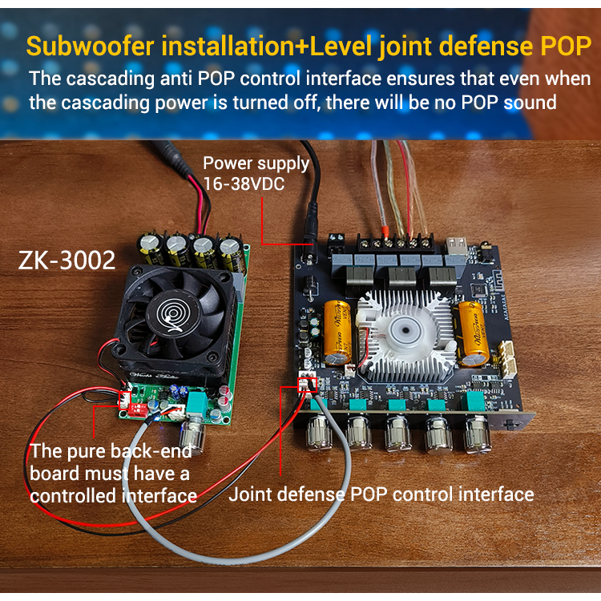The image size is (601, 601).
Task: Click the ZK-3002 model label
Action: click(x=67, y=260)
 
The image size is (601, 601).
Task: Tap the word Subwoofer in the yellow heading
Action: click(x=90, y=46)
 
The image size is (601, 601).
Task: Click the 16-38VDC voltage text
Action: click(x=244, y=184)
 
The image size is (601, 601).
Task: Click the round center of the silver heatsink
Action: click(x=405, y=329)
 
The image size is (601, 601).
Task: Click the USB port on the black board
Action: click(x=457, y=246)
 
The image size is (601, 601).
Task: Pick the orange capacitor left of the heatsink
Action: click(x=337, y=333)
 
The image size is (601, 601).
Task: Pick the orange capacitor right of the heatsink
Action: click(x=473, y=334)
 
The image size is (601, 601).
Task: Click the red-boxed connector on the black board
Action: click(x=308, y=384)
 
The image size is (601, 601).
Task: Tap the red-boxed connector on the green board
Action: click(x=124, y=400)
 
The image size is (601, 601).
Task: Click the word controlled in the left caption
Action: click(x=73, y=495)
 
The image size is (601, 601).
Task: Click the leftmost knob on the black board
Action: click(x=319, y=432)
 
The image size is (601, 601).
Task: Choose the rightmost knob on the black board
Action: click(x=477, y=435)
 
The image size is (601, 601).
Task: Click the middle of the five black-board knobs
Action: click(x=397, y=434)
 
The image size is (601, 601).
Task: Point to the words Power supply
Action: click(x=256, y=163)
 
